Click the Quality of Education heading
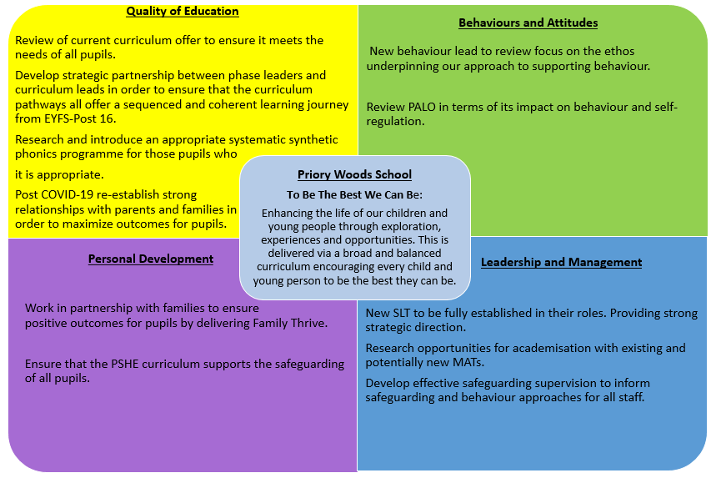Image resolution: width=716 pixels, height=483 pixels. click(183, 12)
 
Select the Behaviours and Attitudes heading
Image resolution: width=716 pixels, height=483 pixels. click(528, 23)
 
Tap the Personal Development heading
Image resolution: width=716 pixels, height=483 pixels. click(151, 259)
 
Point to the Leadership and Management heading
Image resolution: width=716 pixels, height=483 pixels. click(561, 262)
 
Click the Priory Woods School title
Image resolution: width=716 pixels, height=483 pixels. click(354, 175)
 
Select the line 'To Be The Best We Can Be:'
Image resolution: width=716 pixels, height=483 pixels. click(354, 194)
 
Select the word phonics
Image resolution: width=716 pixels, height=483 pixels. click(35, 154)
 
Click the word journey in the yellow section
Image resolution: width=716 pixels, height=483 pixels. click(328, 105)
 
